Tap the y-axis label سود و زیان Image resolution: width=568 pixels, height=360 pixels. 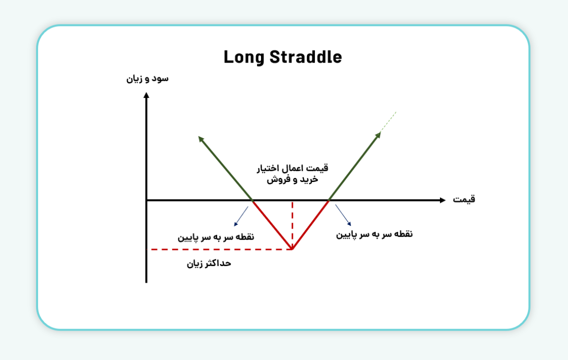[147, 79]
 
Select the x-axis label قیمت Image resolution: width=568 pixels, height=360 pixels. [464, 199]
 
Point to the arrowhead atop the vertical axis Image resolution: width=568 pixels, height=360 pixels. [146, 95]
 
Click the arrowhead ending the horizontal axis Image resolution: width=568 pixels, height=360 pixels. [442, 200]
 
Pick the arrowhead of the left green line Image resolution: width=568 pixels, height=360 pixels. [201, 139]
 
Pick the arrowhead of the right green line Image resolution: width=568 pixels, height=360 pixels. [378, 135]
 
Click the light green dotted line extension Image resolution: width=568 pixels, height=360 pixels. [388, 121]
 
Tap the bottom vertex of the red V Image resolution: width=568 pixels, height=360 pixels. [292, 249]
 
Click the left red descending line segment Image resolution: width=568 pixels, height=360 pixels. [272, 224]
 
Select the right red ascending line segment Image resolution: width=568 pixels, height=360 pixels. [310, 224]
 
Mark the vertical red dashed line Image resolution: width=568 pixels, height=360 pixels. [292, 224]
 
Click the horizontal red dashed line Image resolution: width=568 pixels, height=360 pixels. [221, 249]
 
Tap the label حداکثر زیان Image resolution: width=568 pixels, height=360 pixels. [209, 263]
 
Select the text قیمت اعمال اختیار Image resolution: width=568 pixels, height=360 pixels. [292, 168]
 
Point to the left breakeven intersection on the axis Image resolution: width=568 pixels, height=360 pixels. [252, 200]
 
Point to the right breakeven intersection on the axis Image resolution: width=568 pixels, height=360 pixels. [329, 200]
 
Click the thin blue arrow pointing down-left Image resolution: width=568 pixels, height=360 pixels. [241, 216]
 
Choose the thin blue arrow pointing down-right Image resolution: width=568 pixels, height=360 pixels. [343, 215]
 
